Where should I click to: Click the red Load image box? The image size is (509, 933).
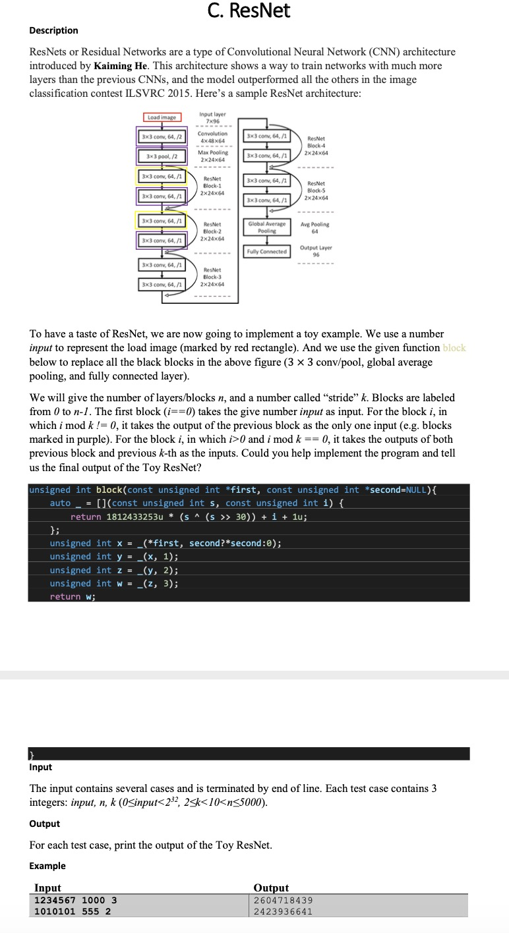[162, 117]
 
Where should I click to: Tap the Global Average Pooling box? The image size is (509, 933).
[267, 227]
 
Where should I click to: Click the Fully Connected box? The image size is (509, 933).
[267, 251]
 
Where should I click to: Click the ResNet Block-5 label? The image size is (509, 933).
[316, 190]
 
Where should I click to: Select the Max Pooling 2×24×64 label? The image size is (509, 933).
[212, 155]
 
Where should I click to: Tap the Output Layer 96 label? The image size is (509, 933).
[316, 251]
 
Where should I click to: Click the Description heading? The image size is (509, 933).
[53, 30]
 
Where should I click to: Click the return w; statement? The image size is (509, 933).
[73, 596]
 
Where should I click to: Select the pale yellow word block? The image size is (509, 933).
[454, 348]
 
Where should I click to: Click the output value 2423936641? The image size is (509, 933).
[284, 911]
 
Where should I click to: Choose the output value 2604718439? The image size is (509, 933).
[284, 900]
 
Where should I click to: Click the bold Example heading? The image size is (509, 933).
[47, 865]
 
